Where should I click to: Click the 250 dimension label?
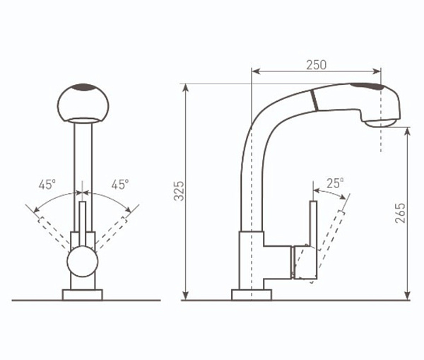pos(316,64)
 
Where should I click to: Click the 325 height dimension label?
pos(179,191)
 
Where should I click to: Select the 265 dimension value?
pos(400,213)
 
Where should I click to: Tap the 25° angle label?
pos(335,183)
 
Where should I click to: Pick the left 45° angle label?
pos(47,185)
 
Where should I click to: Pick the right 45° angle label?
pos(120,185)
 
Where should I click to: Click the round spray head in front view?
pos(83,103)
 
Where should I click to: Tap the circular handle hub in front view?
pos(83,262)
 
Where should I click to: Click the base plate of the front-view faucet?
pos(83,295)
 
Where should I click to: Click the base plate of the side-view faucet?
pos(252,295)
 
